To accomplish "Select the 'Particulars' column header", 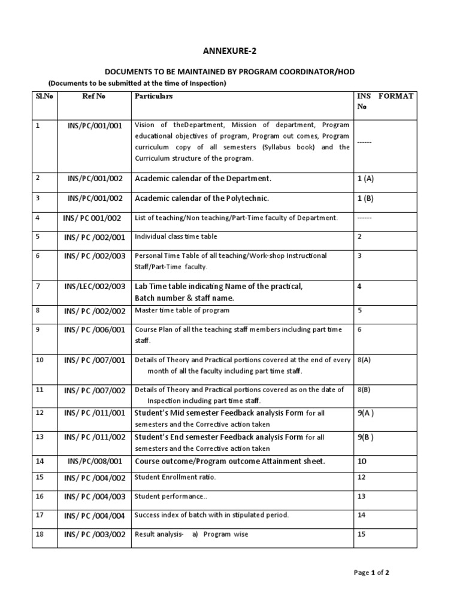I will click(154, 96).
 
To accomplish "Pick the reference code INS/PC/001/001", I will click(95, 126).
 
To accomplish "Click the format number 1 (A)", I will click(365, 179).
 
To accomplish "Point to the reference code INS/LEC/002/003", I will click(95, 287).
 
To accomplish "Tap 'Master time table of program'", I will click(182, 311).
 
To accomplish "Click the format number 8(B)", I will click(364, 390).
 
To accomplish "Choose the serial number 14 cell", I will click(40, 462).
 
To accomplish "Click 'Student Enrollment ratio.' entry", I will click(175, 477).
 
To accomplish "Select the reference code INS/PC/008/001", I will click(95, 462).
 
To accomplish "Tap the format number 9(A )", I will click(365, 413).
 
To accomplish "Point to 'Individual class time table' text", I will click(176, 237).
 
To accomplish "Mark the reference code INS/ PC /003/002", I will click(95, 535).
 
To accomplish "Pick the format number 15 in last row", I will click(361, 534).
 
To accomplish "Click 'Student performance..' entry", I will click(170, 496).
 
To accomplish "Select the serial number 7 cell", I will click(38, 287).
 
